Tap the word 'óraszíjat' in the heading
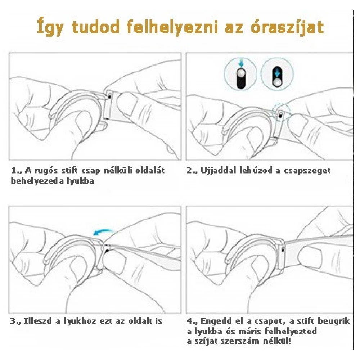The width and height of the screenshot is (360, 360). pyautogui.click(x=287, y=27)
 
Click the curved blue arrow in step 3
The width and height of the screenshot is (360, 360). pyautogui.click(x=104, y=231)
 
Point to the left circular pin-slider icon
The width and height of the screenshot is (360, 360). pyautogui.click(x=240, y=73)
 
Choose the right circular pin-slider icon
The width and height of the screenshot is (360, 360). pyautogui.click(x=277, y=73)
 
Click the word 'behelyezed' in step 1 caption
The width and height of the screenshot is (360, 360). pyautogui.click(x=35, y=181)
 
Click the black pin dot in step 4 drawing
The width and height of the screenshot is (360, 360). pyautogui.click(x=282, y=249)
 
